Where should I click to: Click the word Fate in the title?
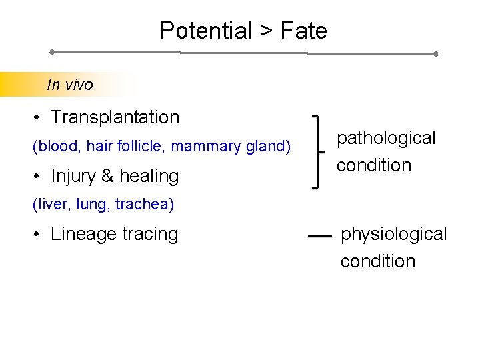[x=303, y=31]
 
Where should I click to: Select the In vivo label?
[x=70, y=85]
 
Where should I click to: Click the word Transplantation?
[x=115, y=117]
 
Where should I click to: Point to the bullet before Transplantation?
[x=37, y=118]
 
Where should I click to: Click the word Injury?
[x=73, y=176]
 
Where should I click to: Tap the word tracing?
[x=151, y=235]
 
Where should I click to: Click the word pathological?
[x=386, y=139]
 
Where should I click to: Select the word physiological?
[x=394, y=234]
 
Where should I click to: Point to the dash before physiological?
[x=320, y=235]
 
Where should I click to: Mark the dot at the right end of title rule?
[x=435, y=54]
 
